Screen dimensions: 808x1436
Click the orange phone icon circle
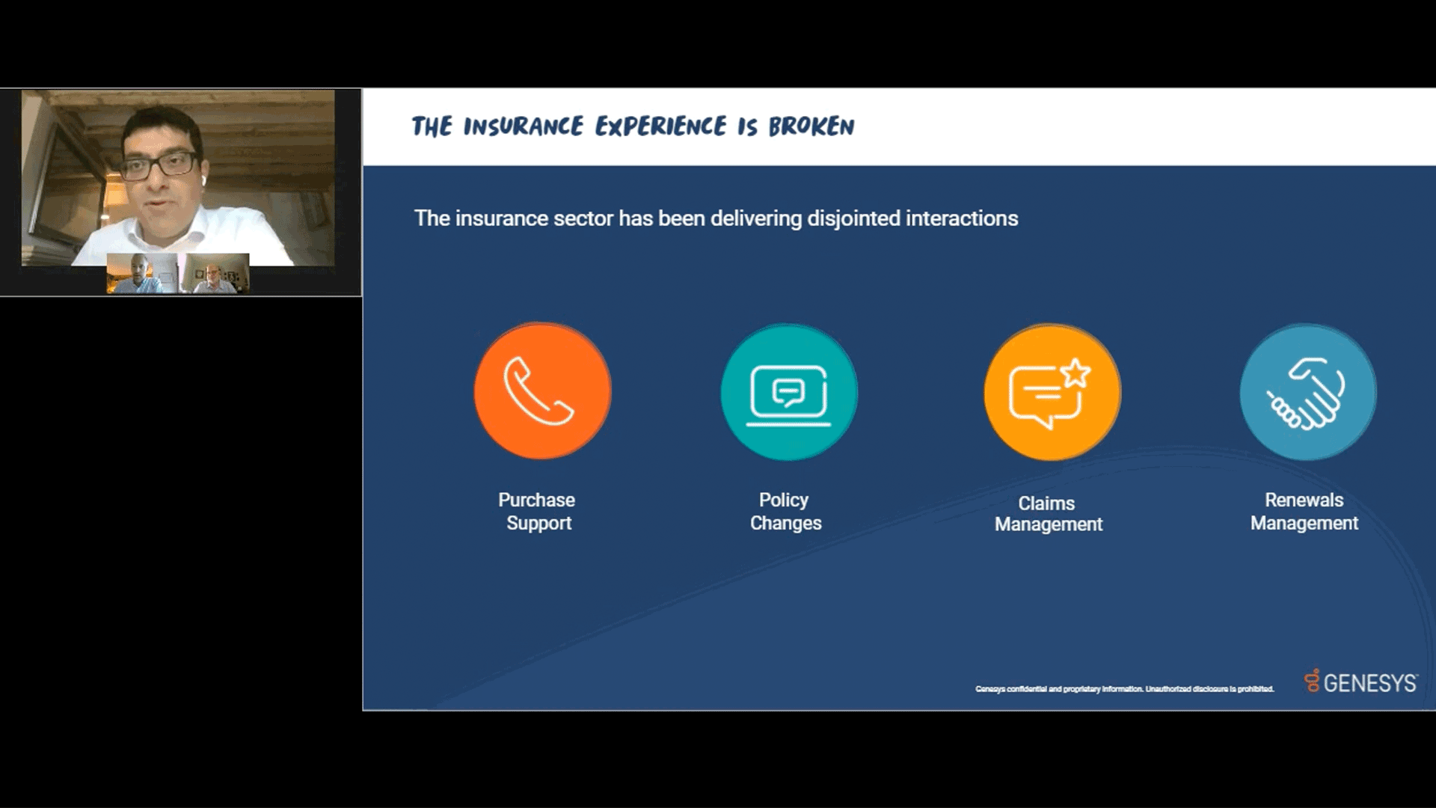(x=542, y=391)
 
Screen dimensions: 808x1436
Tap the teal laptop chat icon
(x=789, y=392)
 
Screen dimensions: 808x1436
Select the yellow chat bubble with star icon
(x=1052, y=392)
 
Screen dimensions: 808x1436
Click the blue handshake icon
(x=1307, y=392)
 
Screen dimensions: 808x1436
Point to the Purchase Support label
(x=537, y=511)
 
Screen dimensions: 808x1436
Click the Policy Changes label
(x=785, y=511)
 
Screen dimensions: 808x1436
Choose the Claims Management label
(x=1048, y=513)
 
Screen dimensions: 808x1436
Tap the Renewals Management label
(x=1304, y=511)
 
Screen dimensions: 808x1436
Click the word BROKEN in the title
(x=811, y=126)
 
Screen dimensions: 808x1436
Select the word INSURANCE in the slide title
(x=523, y=126)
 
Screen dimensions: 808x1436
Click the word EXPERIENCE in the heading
(x=660, y=126)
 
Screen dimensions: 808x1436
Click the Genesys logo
(x=1360, y=682)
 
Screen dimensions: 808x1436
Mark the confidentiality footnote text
(x=1124, y=689)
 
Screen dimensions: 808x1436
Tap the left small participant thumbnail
(x=141, y=273)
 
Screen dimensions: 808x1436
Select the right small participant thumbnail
(x=215, y=273)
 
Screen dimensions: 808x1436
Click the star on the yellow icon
(x=1076, y=373)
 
